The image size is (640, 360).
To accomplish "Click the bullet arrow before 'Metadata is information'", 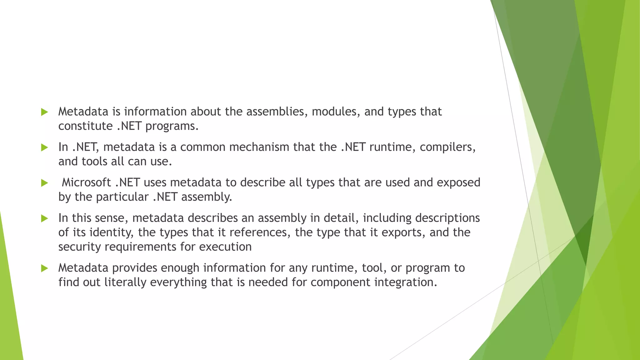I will click(44, 112).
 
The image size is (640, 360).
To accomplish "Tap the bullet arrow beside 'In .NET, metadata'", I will click(44, 147).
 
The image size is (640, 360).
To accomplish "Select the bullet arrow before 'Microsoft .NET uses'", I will click(44, 183).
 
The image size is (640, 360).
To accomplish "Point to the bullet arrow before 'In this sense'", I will click(44, 218).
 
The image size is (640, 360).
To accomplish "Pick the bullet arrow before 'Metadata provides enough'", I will click(44, 268).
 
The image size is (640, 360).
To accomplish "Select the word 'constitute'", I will click(85, 126).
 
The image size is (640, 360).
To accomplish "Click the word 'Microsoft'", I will click(86, 182).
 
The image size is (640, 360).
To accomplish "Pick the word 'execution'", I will click(225, 247).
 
